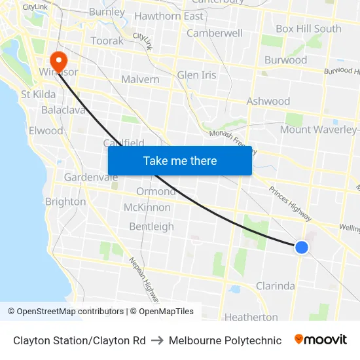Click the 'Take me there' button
pyautogui.click(x=180, y=160)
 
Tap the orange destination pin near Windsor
pyautogui.click(x=58, y=60)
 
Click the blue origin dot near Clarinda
pyautogui.click(x=301, y=247)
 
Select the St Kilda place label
pyautogui.click(x=38, y=94)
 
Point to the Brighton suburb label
pyautogui.click(x=65, y=202)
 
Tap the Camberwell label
pyautogui.click(x=215, y=33)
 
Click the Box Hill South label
pyautogui.click(x=308, y=29)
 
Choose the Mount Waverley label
pyautogui.click(x=318, y=129)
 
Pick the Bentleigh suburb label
pyautogui.click(x=151, y=226)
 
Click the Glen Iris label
pyautogui.click(x=196, y=75)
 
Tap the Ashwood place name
pyautogui.click(x=268, y=101)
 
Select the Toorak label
pyautogui.click(x=107, y=41)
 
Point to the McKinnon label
pyautogui.click(x=147, y=207)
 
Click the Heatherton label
pyautogui.click(x=251, y=317)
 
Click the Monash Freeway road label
pyautogui.click(x=233, y=142)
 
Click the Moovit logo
pyautogui.click(x=321, y=340)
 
